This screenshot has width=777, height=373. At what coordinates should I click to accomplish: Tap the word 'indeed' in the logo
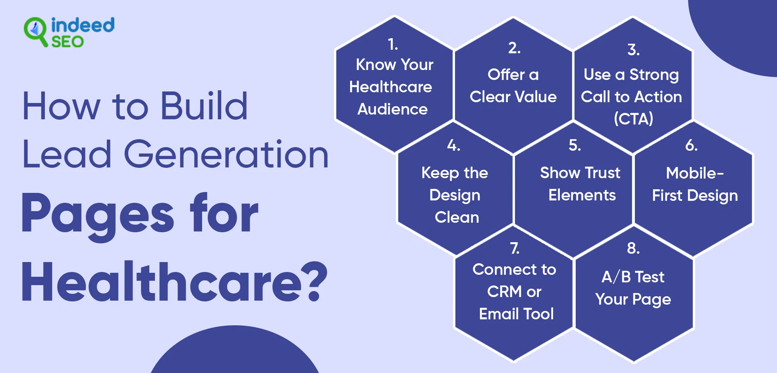coord(83,25)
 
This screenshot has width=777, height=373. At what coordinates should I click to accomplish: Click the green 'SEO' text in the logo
coord(67,42)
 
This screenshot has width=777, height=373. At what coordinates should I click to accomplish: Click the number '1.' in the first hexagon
coord(393,44)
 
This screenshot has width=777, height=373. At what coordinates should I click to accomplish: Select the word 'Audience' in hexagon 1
coord(393,109)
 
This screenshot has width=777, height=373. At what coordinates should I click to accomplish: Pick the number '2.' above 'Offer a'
coord(514,48)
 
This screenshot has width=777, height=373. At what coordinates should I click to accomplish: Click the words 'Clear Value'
coord(513,97)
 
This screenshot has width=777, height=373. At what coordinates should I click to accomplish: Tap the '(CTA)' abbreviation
coord(633,119)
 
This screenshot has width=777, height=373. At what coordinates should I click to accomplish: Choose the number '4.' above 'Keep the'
coord(453,145)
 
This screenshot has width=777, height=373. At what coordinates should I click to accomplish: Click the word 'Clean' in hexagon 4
coord(457,217)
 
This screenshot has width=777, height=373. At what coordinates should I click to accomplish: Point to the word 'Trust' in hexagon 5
coord(603,173)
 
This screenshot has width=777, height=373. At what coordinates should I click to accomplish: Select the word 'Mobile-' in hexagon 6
coord(695,173)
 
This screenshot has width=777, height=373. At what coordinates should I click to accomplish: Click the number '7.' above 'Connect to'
coord(515,248)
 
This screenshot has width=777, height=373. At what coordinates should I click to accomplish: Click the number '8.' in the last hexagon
coord(633,248)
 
